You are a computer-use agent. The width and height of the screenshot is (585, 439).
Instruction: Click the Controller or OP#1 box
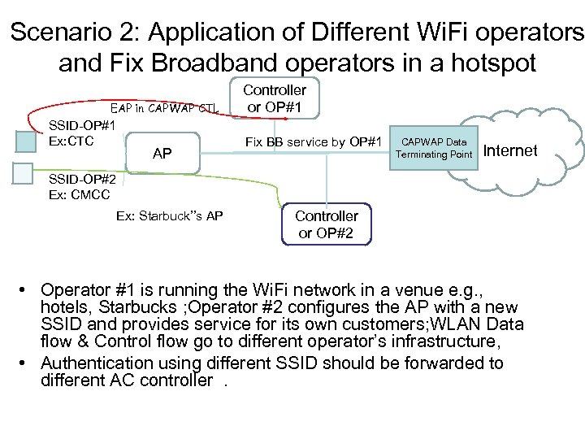coord(276,98)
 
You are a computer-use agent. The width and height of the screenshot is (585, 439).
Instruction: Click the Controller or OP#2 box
coord(326,224)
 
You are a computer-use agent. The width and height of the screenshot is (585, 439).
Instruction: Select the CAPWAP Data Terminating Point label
coord(434,149)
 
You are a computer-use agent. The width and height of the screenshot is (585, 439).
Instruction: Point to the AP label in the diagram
coord(162,152)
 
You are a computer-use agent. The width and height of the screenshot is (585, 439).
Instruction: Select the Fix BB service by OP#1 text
coord(314,143)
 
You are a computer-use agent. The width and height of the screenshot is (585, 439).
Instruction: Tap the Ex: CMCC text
coord(80,194)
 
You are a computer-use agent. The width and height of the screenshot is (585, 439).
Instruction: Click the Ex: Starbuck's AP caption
coord(170,216)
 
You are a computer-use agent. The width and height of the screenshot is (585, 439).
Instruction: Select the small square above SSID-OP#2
coord(25,172)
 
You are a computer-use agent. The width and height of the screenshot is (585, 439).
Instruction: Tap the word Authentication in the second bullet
coord(92,363)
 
